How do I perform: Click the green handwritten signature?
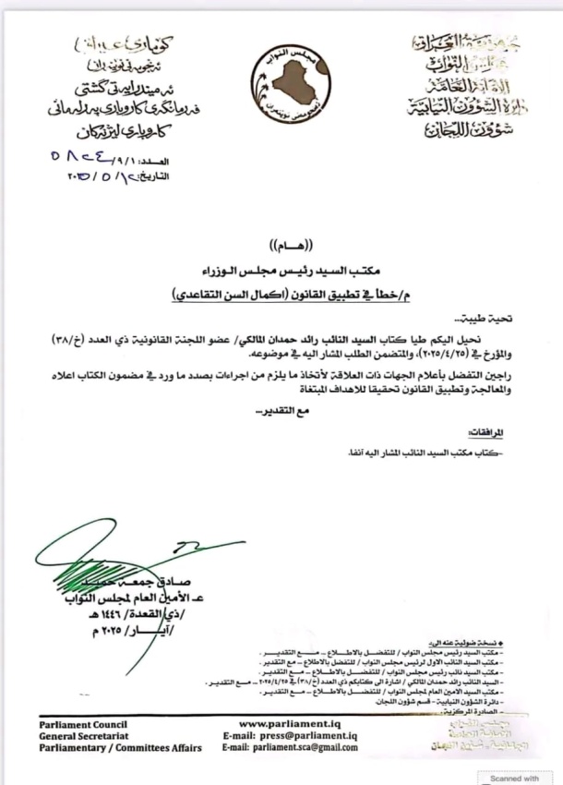pyautogui.click(x=102, y=568)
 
